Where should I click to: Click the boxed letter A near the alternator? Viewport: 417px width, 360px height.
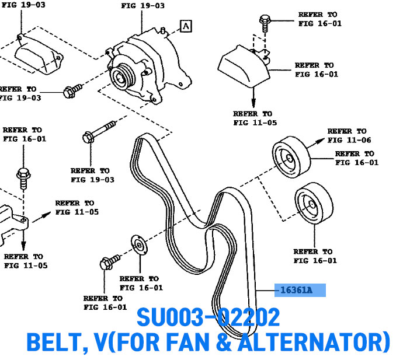[185, 26]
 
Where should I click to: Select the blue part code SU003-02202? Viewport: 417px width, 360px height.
[208, 318]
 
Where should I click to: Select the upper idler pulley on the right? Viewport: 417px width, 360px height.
[289, 156]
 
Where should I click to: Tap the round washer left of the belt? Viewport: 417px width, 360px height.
[139, 246]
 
